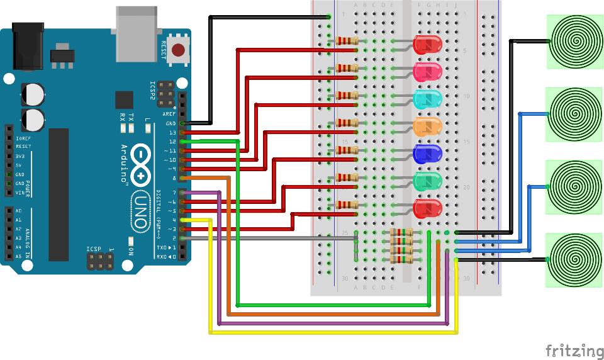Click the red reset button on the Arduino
click(179, 50)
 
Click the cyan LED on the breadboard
click(427, 98)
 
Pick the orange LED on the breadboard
click(427, 125)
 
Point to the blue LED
click(427, 153)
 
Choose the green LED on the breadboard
click(427, 181)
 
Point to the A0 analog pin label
click(19, 211)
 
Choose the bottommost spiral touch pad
click(574, 259)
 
